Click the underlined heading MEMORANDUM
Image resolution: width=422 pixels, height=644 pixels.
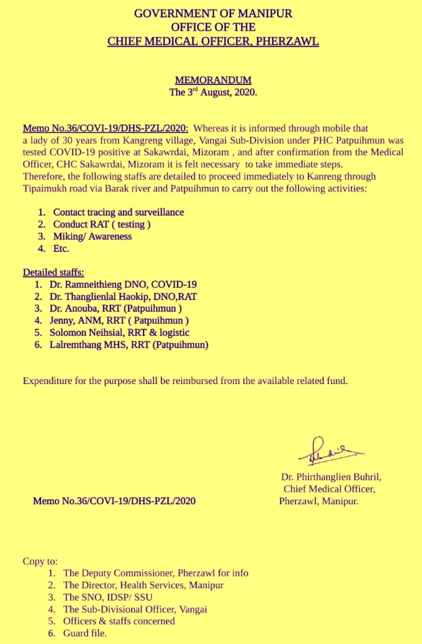[213, 80]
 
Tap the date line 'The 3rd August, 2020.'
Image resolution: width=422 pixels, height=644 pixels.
[213, 93]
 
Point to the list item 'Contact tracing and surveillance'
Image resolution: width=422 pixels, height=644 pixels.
[118, 212]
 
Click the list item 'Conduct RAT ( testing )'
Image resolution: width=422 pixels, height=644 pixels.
[102, 224]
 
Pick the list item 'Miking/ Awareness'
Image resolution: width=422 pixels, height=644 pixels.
[92, 236]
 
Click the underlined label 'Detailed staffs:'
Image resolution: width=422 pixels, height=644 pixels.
[54, 272]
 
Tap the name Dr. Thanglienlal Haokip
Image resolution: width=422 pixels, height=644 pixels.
[100, 296]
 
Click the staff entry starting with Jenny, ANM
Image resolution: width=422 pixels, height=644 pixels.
[119, 321]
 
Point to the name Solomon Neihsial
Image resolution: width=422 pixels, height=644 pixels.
[86, 333]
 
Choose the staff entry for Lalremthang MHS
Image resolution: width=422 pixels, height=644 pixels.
[129, 345]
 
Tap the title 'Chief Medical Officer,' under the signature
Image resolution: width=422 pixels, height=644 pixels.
[329, 489]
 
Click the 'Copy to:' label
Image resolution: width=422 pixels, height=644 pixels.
[40, 561]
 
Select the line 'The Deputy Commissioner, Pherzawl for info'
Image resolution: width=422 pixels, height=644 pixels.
[156, 573]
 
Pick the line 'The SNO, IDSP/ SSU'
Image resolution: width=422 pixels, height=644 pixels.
[108, 597]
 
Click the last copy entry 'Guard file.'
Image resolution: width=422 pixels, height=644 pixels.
[85, 633]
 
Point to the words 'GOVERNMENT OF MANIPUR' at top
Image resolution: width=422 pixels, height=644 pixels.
[213, 14]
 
